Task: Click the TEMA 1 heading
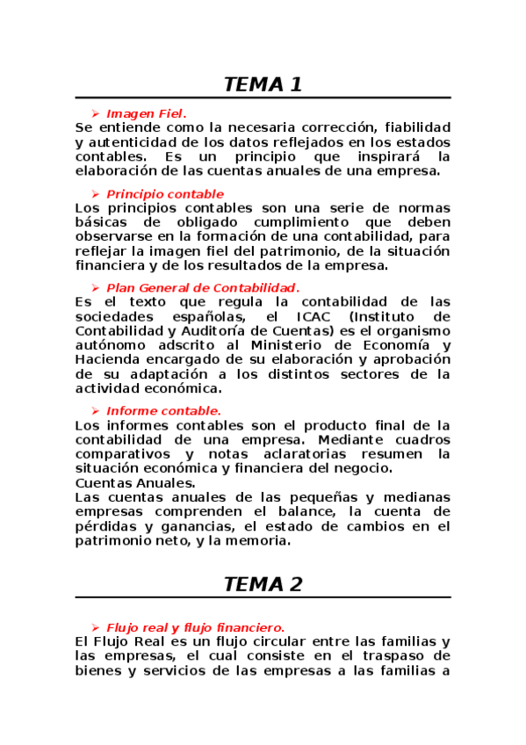click(x=263, y=85)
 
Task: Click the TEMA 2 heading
click(x=263, y=585)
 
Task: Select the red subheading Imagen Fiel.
click(x=146, y=113)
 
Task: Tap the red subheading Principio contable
click(x=164, y=193)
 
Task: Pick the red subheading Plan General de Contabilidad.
click(x=202, y=287)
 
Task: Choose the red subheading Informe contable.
click(x=163, y=410)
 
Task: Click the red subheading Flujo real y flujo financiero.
click(x=195, y=627)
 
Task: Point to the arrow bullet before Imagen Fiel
click(x=95, y=113)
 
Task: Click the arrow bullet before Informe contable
click(x=95, y=410)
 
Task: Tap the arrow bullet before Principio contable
click(x=95, y=193)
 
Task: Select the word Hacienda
click(x=106, y=358)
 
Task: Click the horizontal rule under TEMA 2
click(x=263, y=597)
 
